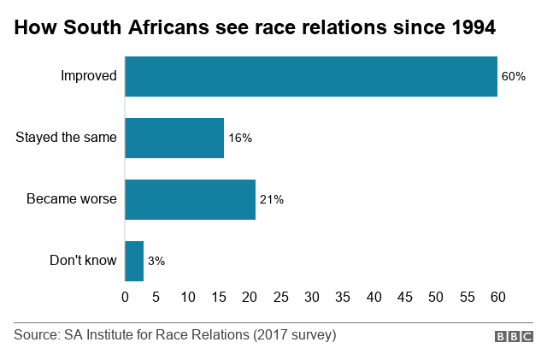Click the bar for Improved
click(x=311, y=76)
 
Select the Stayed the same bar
click(x=174, y=138)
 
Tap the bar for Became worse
click(x=190, y=199)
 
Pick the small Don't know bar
click(x=134, y=261)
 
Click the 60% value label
click(x=513, y=76)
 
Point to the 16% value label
click(x=240, y=138)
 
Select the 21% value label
click(x=271, y=199)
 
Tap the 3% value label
click(x=156, y=261)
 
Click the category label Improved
click(x=88, y=76)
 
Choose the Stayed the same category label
click(x=66, y=138)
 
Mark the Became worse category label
click(x=72, y=199)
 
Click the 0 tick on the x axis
click(x=126, y=297)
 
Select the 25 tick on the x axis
click(x=280, y=297)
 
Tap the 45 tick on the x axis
click(x=404, y=297)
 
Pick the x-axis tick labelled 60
click(x=497, y=297)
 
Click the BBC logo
click(x=514, y=337)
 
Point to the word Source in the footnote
click(x=36, y=334)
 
